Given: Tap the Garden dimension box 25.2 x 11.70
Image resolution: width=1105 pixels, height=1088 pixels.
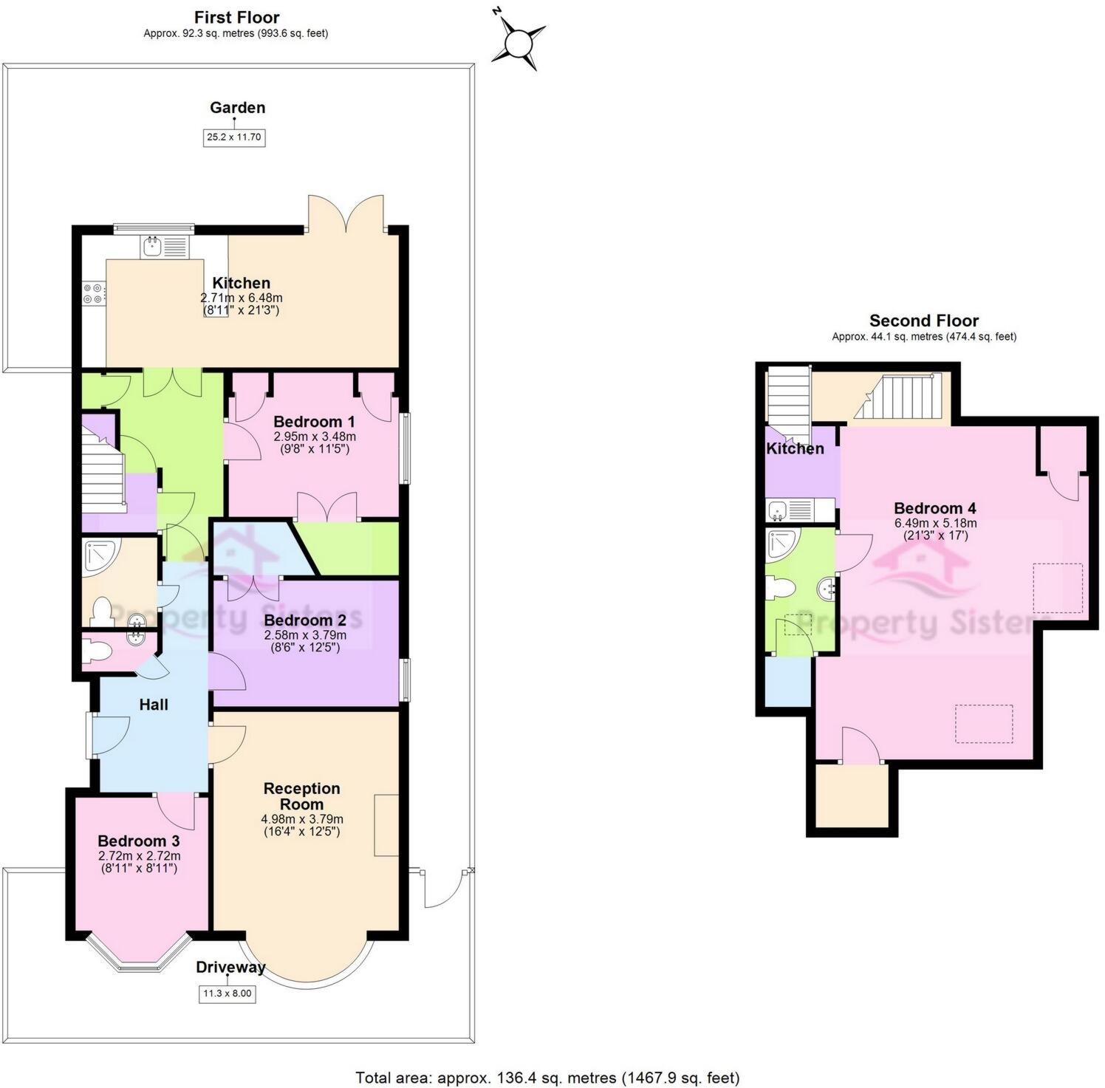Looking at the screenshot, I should click(x=234, y=137).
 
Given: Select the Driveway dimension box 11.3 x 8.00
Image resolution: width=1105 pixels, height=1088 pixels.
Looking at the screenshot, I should click(x=227, y=993).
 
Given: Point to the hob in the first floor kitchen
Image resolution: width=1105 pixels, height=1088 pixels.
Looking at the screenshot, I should click(x=94, y=293).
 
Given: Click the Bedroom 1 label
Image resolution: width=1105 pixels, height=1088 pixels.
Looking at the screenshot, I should click(x=314, y=422).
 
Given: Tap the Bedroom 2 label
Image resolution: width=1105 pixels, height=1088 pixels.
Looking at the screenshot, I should click(x=305, y=620).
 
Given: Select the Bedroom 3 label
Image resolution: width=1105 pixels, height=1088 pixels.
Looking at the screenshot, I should click(x=138, y=841).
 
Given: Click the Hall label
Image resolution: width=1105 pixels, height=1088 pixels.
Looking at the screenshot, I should click(x=154, y=705).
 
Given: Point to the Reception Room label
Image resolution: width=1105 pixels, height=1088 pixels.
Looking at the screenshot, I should click(x=301, y=796).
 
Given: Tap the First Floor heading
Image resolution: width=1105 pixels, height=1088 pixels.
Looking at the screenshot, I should click(x=236, y=17).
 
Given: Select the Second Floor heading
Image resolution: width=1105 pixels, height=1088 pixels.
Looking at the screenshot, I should click(x=923, y=321).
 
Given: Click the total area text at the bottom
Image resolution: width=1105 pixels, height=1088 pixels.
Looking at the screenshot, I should click(x=547, y=1078).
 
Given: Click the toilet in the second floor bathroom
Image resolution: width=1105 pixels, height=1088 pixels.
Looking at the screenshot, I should click(x=780, y=589).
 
